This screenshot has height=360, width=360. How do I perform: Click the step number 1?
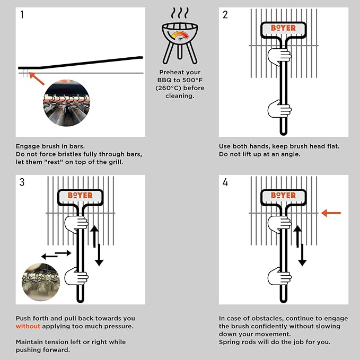tap(22, 15)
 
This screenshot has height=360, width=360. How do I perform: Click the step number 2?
tap(225, 15)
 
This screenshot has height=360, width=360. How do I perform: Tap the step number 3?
tap(22, 183)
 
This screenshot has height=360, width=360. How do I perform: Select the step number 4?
tap(225, 183)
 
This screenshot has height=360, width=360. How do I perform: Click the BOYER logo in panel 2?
tap(283, 28)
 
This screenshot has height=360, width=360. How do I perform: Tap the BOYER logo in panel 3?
tap(80, 196)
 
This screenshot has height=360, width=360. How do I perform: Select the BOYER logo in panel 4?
tap(283, 196)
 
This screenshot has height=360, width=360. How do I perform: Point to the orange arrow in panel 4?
tap(331, 213)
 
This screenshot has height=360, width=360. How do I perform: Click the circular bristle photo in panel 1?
tap(66, 103)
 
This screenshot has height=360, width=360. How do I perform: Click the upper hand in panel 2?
tap(279, 55)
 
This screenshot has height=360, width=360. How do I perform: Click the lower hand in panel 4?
tap(280, 276)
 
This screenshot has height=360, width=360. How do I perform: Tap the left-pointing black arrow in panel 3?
tap(50, 257)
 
